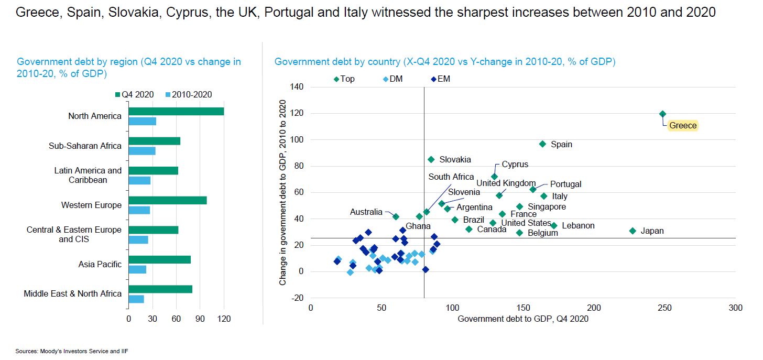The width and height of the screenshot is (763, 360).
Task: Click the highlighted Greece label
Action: tap(683, 126)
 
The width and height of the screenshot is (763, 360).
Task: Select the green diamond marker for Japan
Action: tap(633, 231)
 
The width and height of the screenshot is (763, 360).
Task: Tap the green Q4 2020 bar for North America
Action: tap(176, 112)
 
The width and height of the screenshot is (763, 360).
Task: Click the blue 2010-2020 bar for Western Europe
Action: tap(139, 210)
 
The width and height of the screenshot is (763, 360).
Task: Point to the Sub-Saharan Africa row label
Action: tap(85, 146)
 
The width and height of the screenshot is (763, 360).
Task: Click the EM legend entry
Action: tap(440, 79)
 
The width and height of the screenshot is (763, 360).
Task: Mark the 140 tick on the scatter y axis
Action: tap(297, 87)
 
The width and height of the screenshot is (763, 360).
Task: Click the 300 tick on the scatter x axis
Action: tap(735, 308)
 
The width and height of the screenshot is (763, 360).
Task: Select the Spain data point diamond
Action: tap(542, 144)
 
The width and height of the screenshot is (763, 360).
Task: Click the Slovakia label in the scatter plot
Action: tap(455, 160)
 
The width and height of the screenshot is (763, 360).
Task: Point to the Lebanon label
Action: tap(578, 226)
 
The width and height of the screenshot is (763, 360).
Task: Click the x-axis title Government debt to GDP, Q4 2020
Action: tap(523, 319)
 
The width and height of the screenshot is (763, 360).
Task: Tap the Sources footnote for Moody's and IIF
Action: tap(72, 351)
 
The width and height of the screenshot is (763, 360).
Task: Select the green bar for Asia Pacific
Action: tap(159, 260)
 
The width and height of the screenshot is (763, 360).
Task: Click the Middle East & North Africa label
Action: tap(72, 294)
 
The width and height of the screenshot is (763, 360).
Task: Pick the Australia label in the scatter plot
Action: tap(366, 212)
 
